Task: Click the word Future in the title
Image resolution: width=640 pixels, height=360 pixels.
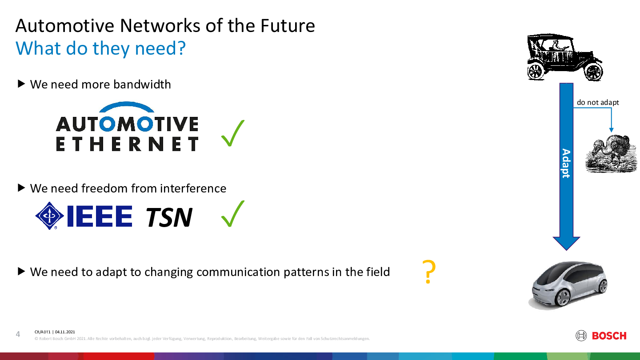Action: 288,26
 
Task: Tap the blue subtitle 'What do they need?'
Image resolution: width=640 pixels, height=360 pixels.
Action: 100,48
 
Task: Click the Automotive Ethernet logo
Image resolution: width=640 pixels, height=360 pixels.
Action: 127,126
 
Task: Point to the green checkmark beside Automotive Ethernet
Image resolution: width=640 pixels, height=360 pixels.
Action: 233,133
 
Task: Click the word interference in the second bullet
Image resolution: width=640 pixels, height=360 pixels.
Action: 193,188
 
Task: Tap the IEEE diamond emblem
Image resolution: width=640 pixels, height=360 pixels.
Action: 50,216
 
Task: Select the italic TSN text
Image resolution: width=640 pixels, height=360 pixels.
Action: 169,217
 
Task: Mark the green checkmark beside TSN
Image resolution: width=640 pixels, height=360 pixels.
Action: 233,214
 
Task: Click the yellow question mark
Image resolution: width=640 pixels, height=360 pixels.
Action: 429,272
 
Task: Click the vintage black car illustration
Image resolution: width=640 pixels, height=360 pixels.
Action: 565,57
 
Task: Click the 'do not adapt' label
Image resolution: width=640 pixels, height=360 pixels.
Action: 598,102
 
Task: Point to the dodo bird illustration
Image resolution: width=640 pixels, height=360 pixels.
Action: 611,154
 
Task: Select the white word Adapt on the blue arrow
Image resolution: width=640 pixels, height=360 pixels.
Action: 566,163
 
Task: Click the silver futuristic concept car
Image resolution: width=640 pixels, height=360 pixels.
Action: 568,285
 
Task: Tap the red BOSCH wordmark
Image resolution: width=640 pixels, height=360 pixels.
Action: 609,336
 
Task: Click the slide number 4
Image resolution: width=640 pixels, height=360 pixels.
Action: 18,334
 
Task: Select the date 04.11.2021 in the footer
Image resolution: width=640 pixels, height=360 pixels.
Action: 65,332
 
